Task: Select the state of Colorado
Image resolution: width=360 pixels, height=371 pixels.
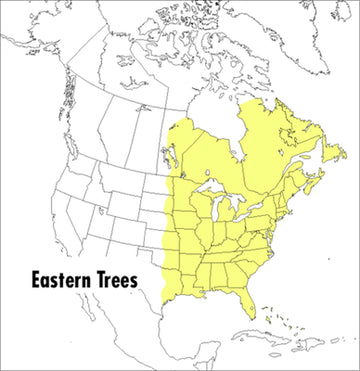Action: pos(125,225)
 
